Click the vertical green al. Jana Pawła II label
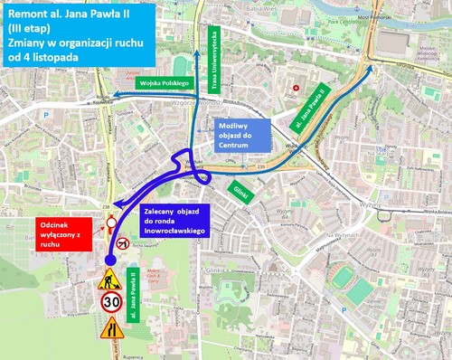click(x=132, y=289)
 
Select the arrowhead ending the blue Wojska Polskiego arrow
click(x=108, y=97)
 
